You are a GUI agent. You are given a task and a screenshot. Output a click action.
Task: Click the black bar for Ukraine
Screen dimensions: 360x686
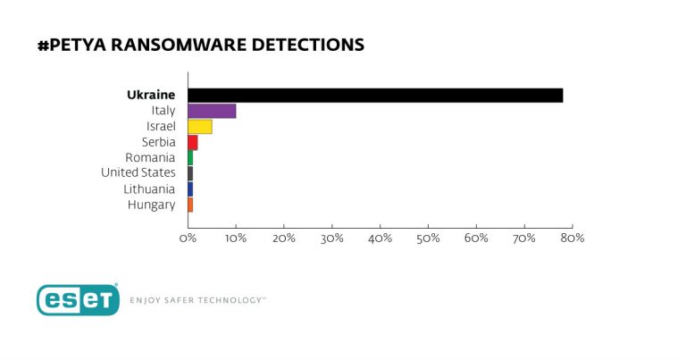click(x=375, y=96)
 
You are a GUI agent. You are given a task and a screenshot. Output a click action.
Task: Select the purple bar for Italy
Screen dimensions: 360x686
click(x=212, y=111)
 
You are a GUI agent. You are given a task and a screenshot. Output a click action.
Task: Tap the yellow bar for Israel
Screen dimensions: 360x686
click(x=199, y=127)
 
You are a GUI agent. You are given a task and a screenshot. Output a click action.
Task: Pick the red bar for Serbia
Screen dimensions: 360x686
click(x=192, y=142)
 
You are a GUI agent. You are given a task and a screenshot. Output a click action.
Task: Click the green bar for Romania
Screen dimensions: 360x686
click(x=190, y=158)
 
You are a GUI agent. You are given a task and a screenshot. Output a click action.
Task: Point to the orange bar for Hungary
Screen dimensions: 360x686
click(x=190, y=205)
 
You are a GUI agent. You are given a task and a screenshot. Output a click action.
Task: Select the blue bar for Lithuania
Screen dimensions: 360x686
click(x=190, y=189)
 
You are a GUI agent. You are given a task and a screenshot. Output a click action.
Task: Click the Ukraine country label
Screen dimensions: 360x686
click(x=151, y=95)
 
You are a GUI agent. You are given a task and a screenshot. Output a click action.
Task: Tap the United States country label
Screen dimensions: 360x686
click(x=138, y=173)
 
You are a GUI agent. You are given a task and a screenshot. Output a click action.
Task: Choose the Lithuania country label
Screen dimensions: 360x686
click(x=149, y=189)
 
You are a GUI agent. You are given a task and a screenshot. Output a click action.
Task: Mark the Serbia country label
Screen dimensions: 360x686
click(x=157, y=142)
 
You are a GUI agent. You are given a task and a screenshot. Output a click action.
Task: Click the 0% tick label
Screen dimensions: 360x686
click(x=188, y=239)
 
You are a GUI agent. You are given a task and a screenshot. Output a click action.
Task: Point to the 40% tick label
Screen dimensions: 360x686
click(x=380, y=239)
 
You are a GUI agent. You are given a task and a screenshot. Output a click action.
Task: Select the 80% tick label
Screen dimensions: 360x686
click(x=572, y=239)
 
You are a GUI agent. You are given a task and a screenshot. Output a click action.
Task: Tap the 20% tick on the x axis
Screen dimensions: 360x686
click(x=284, y=239)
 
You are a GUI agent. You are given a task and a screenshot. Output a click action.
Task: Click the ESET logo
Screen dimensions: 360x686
click(x=78, y=300)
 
